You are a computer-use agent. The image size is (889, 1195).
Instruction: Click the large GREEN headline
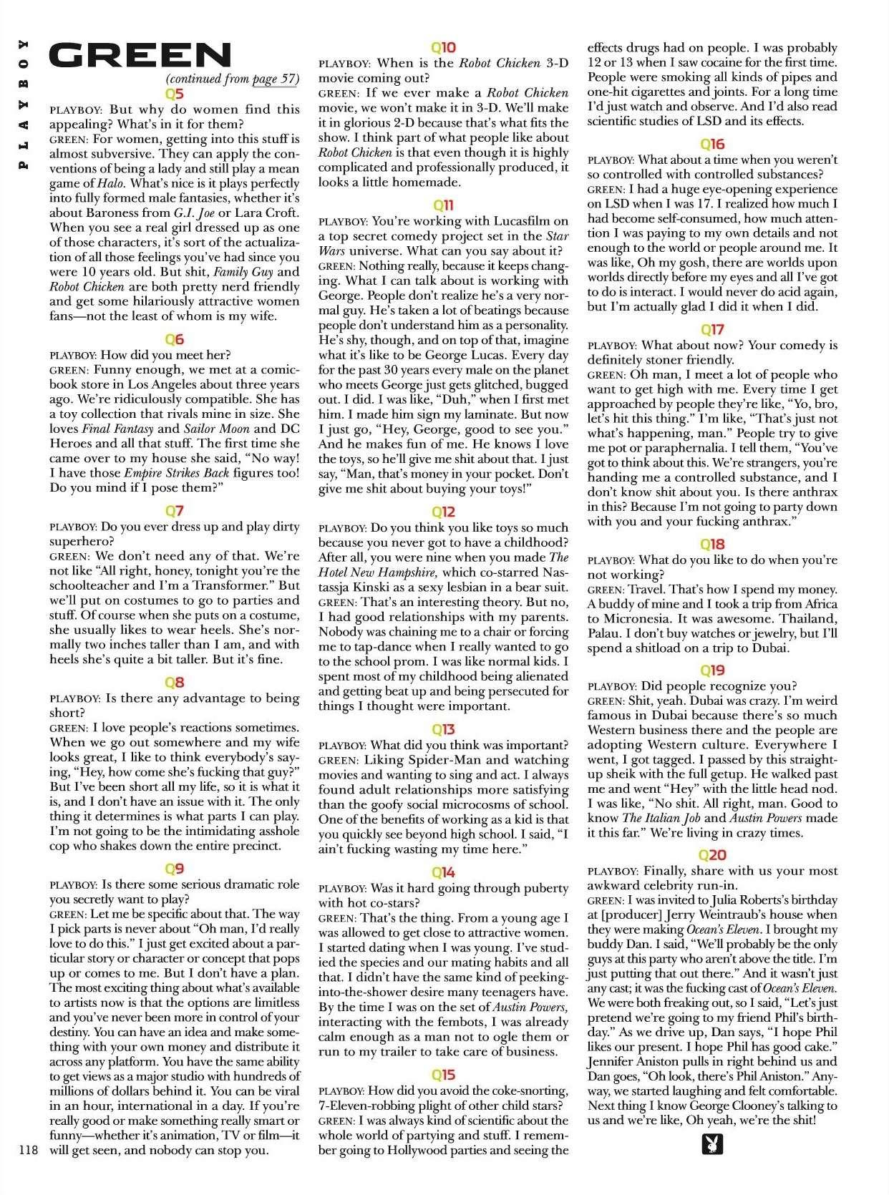click(x=140, y=56)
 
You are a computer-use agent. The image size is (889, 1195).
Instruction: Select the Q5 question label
click(x=174, y=94)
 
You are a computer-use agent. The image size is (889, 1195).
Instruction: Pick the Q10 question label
click(x=444, y=48)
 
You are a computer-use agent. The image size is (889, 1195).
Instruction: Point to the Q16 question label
click(x=712, y=144)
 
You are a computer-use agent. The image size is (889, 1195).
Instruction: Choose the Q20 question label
click(x=712, y=855)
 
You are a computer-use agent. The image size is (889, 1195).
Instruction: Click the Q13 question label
click(x=444, y=729)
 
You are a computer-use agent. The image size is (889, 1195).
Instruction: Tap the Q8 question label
click(x=174, y=682)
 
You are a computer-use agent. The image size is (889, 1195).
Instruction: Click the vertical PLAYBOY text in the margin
click(x=25, y=104)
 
